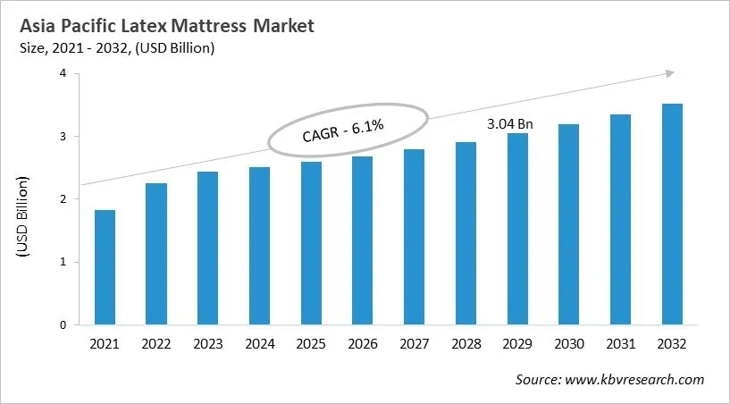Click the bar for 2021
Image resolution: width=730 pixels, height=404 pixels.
click(x=105, y=268)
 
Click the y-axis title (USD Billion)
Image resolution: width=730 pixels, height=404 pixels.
click(x=23, y=219)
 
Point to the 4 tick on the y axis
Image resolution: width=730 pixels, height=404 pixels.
click(x=63, y=74)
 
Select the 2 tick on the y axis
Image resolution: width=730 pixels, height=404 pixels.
click(x=63, y=199)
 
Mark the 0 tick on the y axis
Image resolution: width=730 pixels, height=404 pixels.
click(x=63, y=325)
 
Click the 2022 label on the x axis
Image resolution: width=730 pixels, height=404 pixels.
click(x=155, y=343)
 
